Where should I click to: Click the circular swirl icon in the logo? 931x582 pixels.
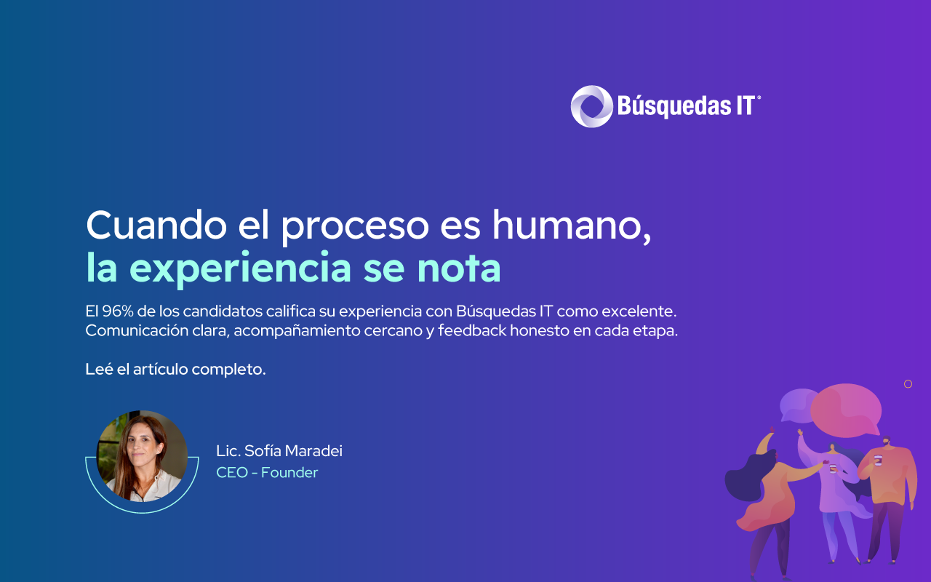(591, 106)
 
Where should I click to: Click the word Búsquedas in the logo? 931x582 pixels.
(674, 106)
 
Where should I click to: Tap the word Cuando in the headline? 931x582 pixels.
(156, 225)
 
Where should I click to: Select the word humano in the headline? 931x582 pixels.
(572, 226)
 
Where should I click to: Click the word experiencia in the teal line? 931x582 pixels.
(241, 268)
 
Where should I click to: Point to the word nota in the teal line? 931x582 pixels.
(459, 268)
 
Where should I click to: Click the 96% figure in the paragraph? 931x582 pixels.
(118, 311)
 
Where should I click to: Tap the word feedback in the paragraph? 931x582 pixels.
(472, 330)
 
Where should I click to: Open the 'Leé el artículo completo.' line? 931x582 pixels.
(175, 369)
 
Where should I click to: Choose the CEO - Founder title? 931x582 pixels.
(267, 473)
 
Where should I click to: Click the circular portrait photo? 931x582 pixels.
(142, 456)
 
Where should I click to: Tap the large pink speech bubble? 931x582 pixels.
(846, 410)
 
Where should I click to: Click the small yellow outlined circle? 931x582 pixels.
(908, 384)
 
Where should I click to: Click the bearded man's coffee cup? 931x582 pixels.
(878, 460)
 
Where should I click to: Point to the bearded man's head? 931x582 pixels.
(887, 442)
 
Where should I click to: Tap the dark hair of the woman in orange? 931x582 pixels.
(748, 474)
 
